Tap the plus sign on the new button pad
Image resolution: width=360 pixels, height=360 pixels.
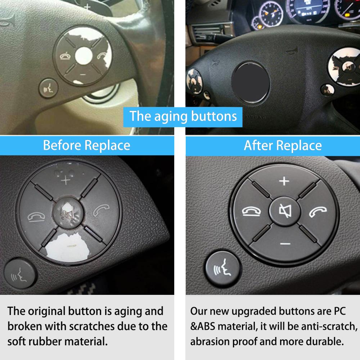[284, 181]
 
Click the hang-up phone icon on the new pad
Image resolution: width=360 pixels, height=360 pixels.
[248, 212]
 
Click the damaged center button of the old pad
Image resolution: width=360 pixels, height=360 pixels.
[66, 212]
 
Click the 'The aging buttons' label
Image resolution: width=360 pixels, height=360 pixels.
[183, 116]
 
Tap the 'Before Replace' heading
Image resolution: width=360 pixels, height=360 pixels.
[86, 145]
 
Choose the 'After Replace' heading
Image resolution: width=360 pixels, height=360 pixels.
[283, 145]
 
